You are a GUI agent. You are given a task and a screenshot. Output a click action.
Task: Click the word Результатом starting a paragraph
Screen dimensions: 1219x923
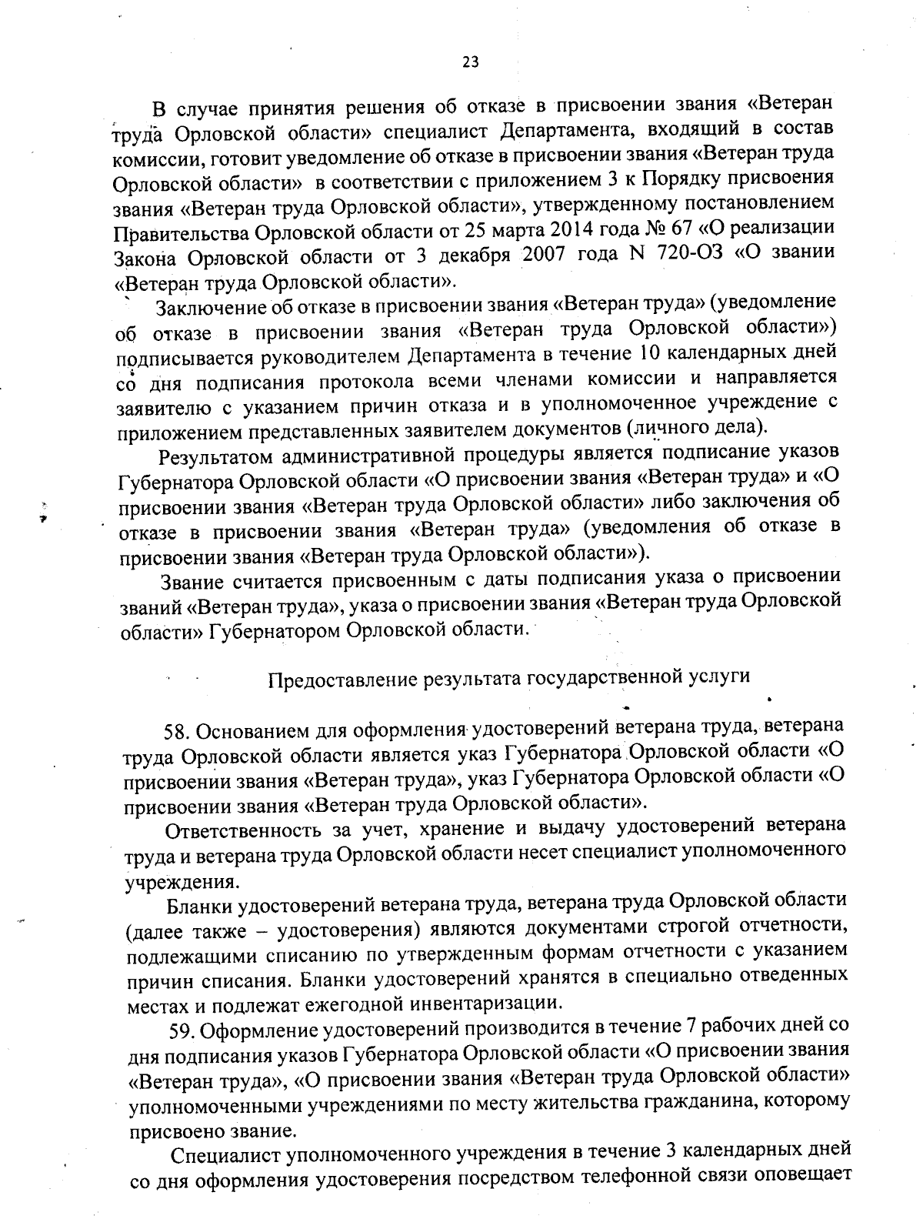point(215,456)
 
